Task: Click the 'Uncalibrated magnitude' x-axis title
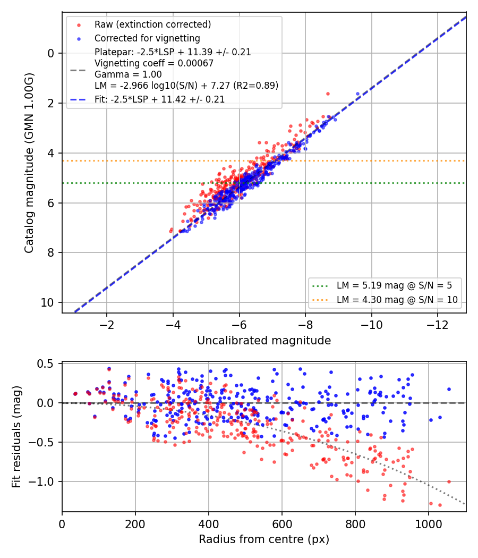pos(264,341)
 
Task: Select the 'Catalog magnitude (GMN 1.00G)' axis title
pos(29,163)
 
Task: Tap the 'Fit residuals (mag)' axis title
pos(16,437)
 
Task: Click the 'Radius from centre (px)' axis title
pos(264,539)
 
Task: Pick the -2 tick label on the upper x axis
pos(107,325)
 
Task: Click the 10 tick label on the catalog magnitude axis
pos(47,303)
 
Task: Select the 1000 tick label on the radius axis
pos(429,524)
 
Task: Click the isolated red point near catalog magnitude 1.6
pos(328,94)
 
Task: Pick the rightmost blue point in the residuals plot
pos(449,390)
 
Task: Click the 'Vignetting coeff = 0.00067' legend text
pos(154,63)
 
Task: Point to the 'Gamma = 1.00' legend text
pos(128,74)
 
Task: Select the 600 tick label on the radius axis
pos(282,524)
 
